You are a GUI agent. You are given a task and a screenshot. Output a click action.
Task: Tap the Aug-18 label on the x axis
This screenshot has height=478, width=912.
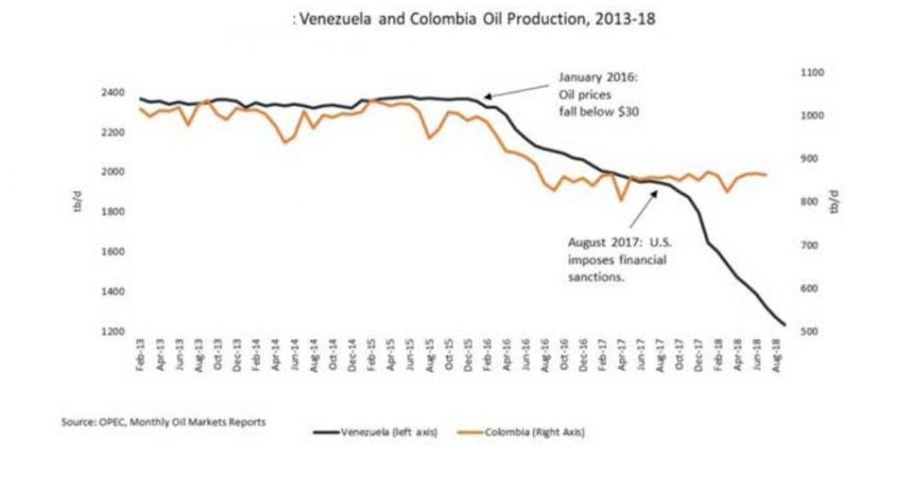click(781, 353)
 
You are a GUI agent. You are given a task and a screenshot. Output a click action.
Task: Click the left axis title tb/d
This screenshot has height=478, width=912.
click(80, 204)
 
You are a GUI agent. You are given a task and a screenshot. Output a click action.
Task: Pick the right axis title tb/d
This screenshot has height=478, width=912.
click(834, 204)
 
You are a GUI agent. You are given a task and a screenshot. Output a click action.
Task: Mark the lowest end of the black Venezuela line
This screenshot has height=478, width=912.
click(784, 324)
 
